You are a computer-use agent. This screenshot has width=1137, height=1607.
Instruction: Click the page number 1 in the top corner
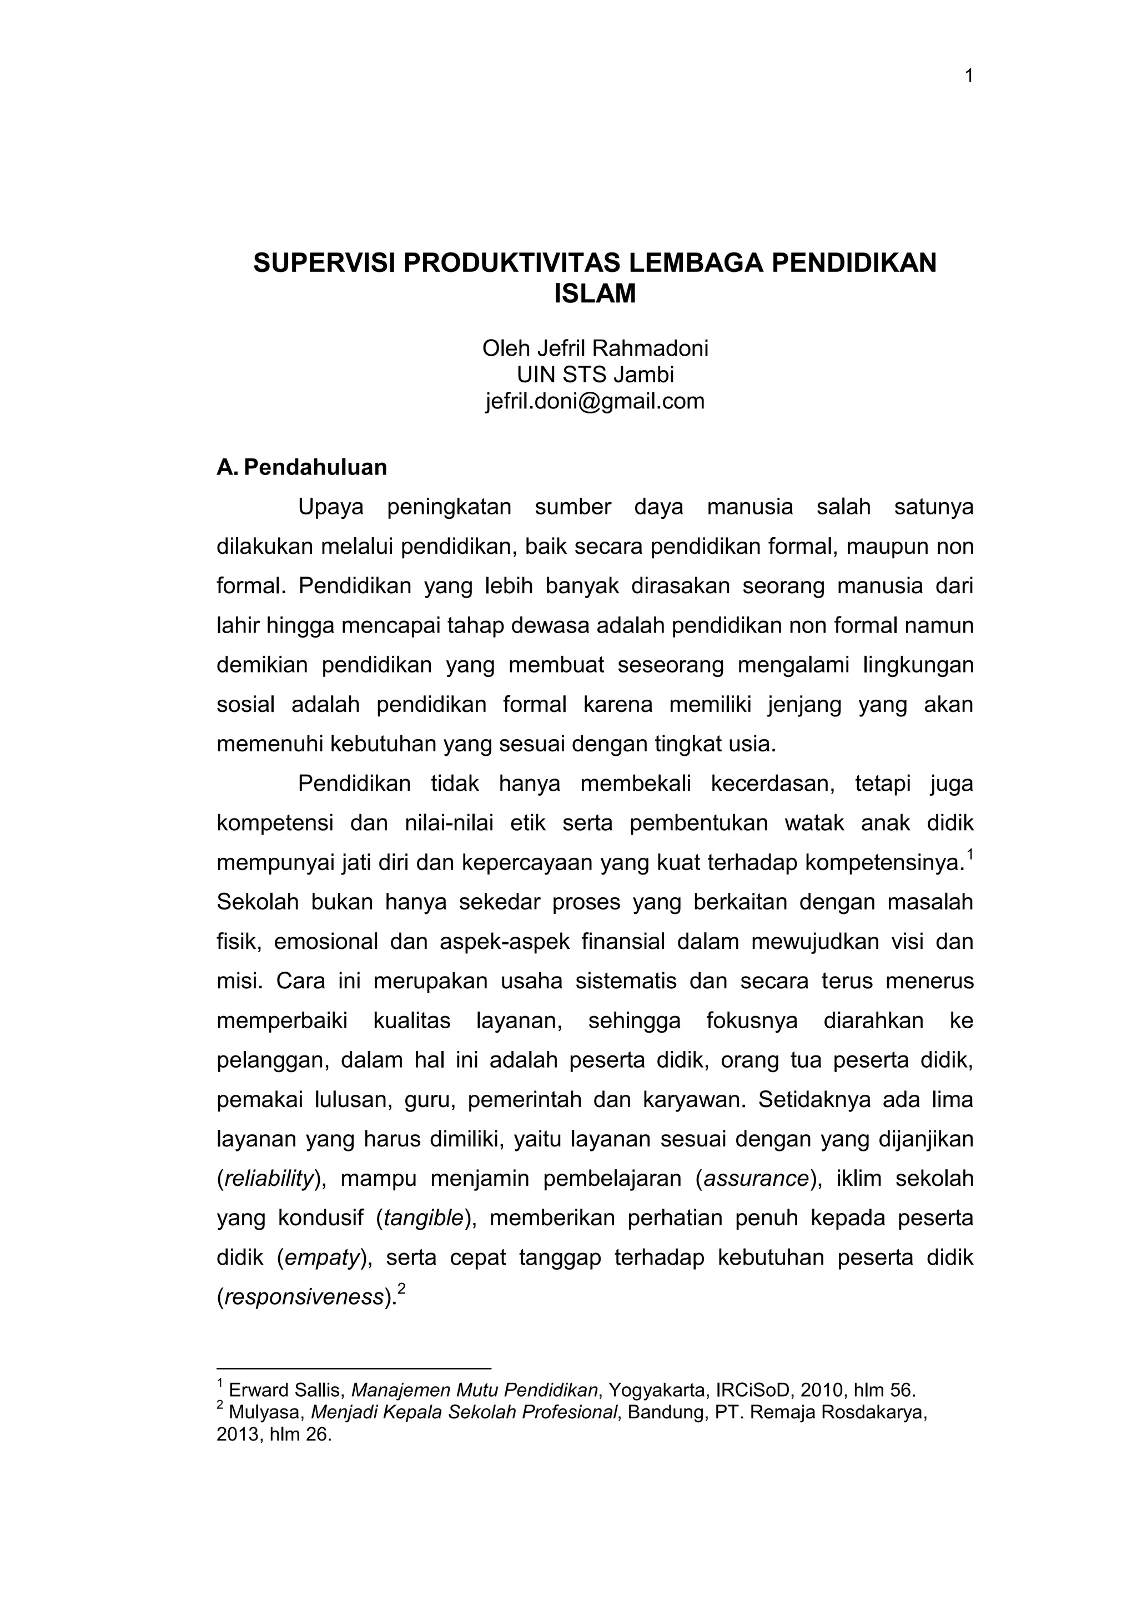[969, 76]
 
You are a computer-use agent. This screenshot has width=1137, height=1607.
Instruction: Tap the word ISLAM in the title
[595, 294]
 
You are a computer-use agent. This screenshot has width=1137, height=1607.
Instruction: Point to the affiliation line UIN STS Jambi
[595, 375]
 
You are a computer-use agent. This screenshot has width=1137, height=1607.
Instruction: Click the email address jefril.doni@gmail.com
[595, 402]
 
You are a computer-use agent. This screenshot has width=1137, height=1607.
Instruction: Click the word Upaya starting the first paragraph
[330, 507]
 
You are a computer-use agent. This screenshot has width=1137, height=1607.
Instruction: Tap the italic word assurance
[756, 1179]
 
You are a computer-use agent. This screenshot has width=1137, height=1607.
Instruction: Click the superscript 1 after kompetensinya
[970, 855]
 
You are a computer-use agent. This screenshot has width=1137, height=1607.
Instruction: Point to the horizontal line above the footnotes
[354, 1368]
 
